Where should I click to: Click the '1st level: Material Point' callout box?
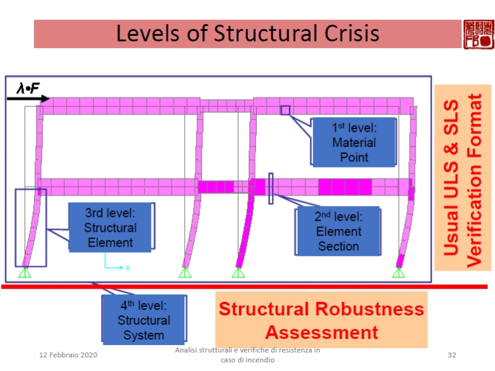pos(354,142)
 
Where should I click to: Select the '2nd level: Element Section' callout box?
pos(338,231)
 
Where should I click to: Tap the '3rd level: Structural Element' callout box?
pos(110,228)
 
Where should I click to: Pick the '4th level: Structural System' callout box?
pos(144,320)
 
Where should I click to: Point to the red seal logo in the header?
pos(478,33)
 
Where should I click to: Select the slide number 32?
pos(452,355)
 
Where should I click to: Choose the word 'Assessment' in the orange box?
pos(322,333)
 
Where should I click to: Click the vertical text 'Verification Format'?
pos(473,179)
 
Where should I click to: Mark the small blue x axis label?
pos(127,268)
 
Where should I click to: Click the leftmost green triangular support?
pos(25,273)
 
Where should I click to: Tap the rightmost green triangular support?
pos(399,273)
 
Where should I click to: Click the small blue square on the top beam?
pos(285,110)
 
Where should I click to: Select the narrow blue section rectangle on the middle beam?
pos(271,188)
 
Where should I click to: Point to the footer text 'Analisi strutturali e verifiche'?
pos(247,351)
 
